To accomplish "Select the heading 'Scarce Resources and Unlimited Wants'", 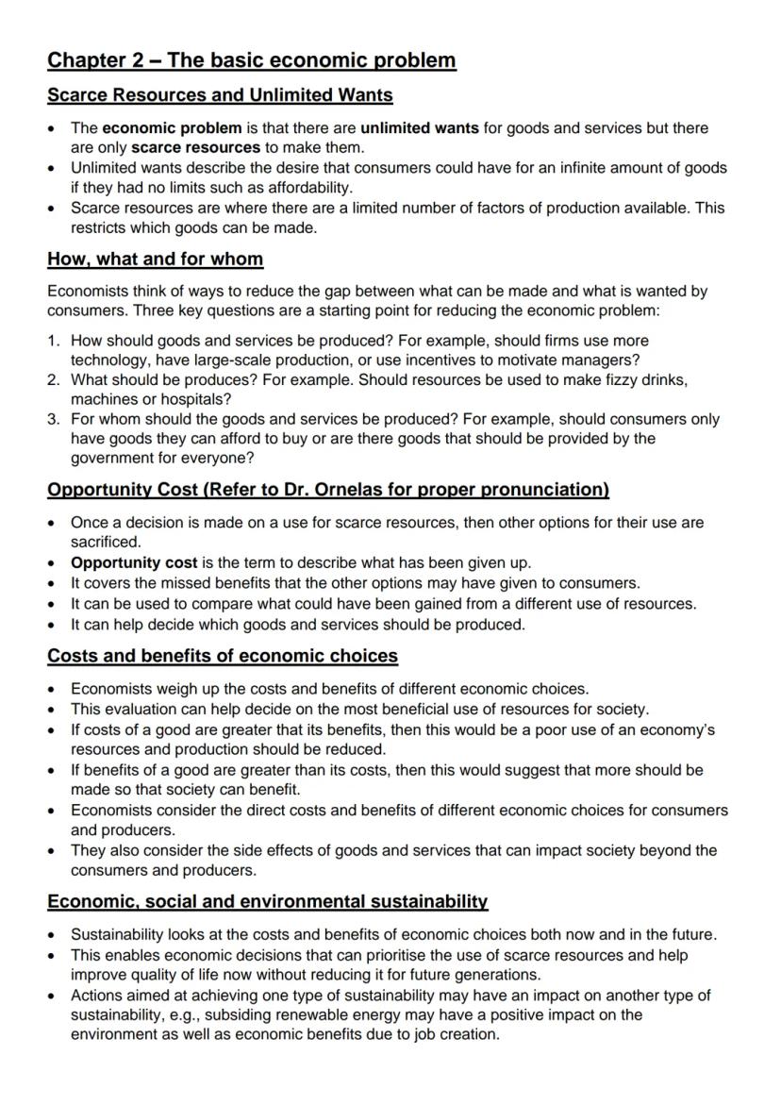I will click(220, 95).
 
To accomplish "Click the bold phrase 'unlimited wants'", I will click(420, 127).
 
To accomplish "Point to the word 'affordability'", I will click(305, 187).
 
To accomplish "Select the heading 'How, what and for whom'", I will click(156, 259).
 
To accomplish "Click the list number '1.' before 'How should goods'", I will click(55, 340).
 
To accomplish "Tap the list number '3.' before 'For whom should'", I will click(55, 419).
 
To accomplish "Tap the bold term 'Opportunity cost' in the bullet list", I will click(134, 562).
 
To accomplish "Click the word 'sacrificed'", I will click(105, 542).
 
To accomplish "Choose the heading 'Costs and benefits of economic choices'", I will click(223, 656).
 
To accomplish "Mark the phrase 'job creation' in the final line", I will click(455, 1034).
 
